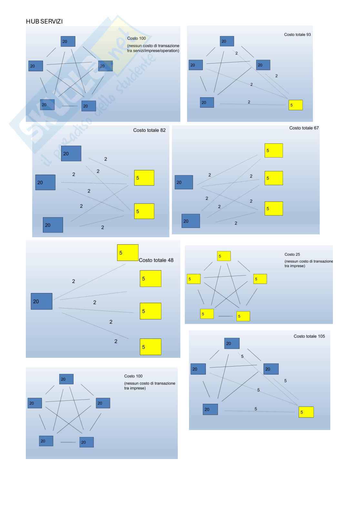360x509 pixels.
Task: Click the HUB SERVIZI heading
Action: click(44, 22)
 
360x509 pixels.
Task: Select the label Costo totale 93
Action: click(297, 34)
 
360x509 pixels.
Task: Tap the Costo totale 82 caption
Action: click(149, 130)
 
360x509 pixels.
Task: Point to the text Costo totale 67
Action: click(304, 128)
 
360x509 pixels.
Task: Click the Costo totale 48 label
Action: click(156, 260)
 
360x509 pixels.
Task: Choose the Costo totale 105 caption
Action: click(309, 336)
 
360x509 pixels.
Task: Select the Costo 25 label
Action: click(292, 254)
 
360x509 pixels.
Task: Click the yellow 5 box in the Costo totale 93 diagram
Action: click(295, 105)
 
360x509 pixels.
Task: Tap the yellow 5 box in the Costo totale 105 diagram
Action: click(306, 412)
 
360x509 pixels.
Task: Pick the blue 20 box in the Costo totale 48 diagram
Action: click(42, 301)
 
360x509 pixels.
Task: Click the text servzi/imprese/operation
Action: click(153, 51)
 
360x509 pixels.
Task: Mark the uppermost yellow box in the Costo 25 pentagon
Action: click(224, 256)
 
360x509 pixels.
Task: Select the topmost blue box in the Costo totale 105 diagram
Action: click(232, 343)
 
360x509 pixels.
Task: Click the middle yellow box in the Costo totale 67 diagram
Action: click(274, 178)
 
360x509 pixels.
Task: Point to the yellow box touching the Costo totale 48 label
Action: click(128, 253)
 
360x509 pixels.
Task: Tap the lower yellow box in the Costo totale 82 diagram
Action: click(144, 211)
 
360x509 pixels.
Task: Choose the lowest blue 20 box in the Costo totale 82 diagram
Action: click(53, 225)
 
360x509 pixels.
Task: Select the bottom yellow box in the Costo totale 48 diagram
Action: click(150, 347)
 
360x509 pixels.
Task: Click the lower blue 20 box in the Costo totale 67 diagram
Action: click(191, 221)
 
